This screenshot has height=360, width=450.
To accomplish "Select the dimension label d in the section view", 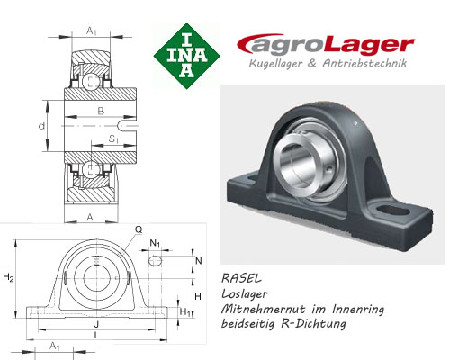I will click(42, 126).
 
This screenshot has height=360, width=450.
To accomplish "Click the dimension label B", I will click(100, 111).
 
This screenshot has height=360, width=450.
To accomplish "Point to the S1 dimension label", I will click(113, 139).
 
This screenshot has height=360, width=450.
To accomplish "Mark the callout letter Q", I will click(139, 229).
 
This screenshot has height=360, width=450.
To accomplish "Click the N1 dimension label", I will click(156, 243).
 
